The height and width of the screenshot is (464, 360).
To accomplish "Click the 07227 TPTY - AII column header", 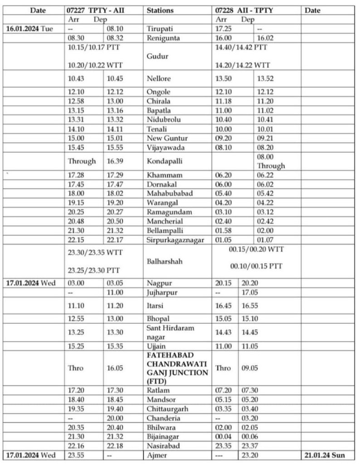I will pos(95,10).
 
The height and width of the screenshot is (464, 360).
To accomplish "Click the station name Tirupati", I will pos(160,29).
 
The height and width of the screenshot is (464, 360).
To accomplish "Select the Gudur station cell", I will pos(157,56).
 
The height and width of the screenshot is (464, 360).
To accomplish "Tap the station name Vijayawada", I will pos(164,147).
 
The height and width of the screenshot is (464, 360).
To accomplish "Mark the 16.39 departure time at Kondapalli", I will pos(115,161).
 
